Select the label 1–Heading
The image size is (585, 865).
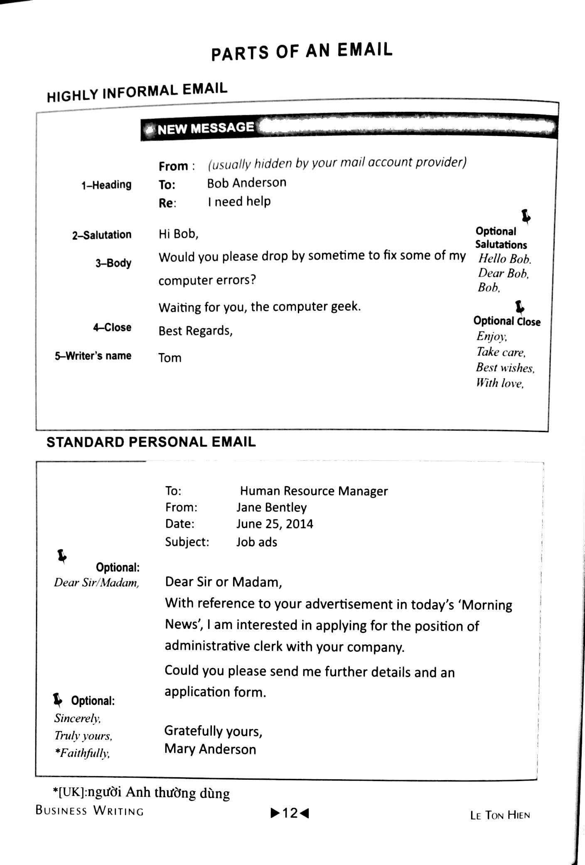tap(106, 185)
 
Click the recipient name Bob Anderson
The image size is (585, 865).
tap(247, 183)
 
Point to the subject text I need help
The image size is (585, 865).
tap(239, 202)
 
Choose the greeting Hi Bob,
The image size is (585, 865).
tap(179, 234)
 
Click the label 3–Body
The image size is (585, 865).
tap(113, 263)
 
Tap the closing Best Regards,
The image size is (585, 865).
tap(195, 331)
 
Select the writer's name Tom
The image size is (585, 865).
tap(170, 358)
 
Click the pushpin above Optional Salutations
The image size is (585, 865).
tap(526, 216)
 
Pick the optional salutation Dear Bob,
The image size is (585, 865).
tap(503, 273)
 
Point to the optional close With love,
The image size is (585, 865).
tap(500, 383)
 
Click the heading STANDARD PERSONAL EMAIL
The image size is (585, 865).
tap(151, 442)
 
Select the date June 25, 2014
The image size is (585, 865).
tap(275, 524)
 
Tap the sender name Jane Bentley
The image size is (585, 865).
tap(271, 507)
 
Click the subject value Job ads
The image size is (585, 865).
tap(256, 542)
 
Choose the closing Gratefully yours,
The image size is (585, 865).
tap(213, 731)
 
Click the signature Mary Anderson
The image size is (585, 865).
tap(210, 749)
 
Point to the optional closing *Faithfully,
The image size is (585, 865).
tap(82, 753)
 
